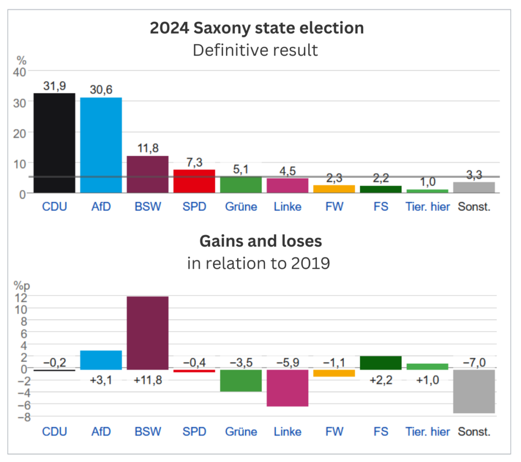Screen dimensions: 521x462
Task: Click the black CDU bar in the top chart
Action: pos(54,143)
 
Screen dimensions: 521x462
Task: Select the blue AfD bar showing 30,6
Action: pos(101,145)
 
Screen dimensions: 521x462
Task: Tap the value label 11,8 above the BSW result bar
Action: pos(148,148)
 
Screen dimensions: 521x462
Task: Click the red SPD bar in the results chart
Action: pos(194,181)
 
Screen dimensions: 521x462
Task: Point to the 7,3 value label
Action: pos(194,162)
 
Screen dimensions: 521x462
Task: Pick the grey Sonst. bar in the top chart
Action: pos(474,187)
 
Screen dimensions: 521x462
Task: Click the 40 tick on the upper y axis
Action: pos(20,72)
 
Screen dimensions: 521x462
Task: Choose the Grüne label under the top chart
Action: pos(241,207)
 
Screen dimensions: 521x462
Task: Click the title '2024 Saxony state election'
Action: pos(257,28)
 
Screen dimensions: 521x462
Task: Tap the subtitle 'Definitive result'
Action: pos(255,50)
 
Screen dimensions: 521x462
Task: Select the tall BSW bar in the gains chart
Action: pos(148,333)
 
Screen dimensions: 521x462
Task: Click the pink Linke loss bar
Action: pos(288,388)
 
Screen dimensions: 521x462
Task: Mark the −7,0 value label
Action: pos(474,362)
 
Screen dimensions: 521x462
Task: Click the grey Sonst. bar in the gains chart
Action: pos(474,392)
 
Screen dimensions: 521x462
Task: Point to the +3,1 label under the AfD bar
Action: pos(101,380)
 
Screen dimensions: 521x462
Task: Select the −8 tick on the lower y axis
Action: pos(24,417)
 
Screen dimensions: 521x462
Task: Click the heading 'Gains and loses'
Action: pos(261,241)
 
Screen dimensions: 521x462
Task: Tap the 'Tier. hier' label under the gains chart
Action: pos(427,432)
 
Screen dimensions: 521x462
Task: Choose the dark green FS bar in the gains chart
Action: pos(381,363)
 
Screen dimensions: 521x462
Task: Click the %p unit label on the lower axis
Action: pos(21,286)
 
